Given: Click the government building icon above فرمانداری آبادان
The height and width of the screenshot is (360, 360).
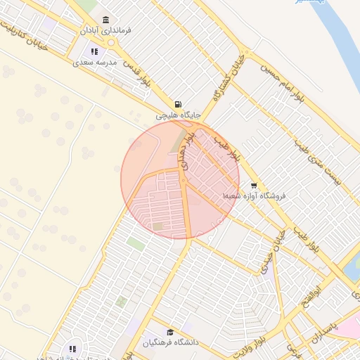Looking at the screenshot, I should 105,20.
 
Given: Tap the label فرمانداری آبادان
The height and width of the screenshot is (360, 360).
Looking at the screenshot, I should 105,31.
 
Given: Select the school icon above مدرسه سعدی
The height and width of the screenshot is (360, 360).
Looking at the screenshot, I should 95,51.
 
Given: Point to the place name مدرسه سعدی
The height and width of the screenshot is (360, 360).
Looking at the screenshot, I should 94,63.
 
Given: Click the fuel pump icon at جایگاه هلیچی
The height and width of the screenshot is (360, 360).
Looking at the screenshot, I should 177,103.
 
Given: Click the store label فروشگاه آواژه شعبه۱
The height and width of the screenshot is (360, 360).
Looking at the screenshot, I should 253,196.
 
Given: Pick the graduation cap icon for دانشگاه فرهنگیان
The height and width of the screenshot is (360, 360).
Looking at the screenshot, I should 169,332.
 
